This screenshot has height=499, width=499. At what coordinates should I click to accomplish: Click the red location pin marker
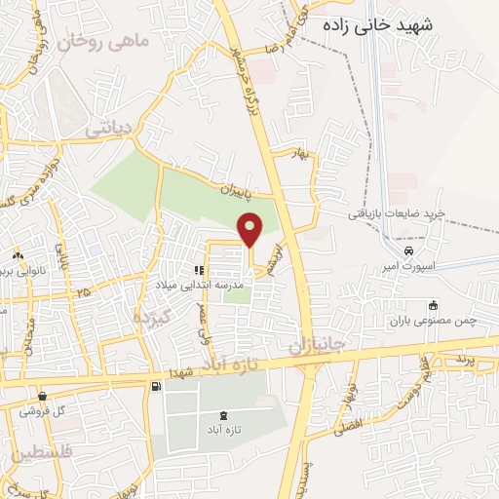coord(250,228)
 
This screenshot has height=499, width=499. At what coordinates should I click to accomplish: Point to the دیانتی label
coord(107,127)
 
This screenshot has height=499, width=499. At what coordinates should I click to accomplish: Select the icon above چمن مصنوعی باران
coord(434,305)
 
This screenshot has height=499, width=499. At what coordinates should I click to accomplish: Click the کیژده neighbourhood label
coord(152,317)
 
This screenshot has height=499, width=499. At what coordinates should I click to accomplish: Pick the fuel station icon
coord(155,387)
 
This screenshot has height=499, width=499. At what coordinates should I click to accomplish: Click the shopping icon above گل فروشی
coord(44,396)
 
